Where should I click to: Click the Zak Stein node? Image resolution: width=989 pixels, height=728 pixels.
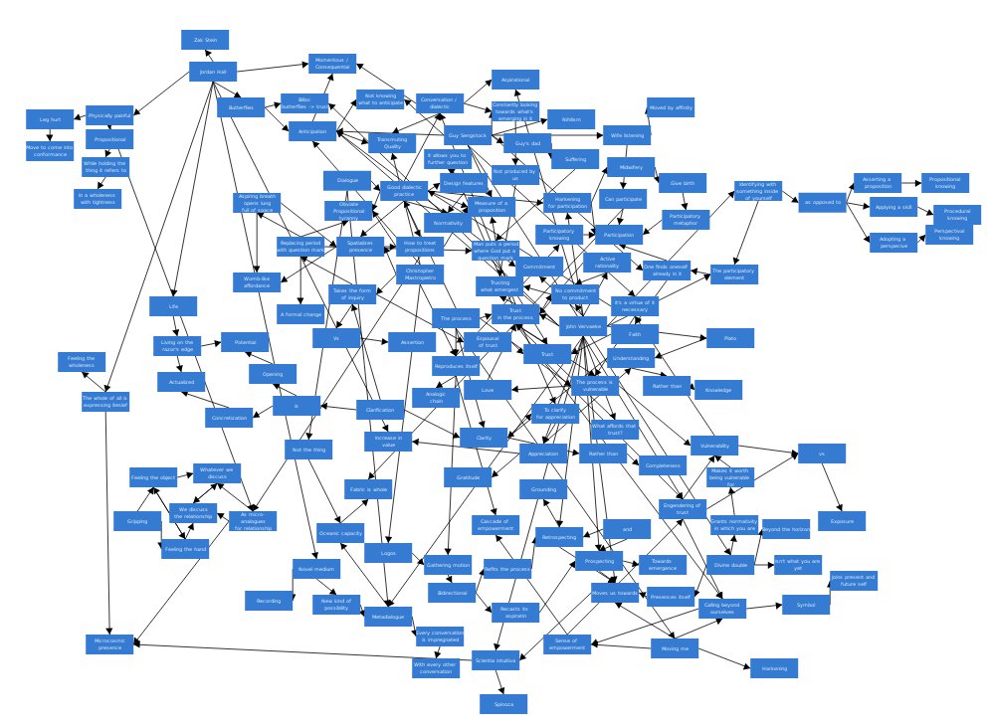[x=205, y=40]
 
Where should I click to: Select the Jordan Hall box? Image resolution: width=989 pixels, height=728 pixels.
[x=213, y=72]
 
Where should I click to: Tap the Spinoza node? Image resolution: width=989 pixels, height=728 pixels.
[x=502, y=704]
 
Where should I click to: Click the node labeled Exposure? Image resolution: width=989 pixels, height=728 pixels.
[x=842, y=520]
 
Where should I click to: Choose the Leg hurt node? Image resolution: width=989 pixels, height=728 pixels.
[x=50, y=119]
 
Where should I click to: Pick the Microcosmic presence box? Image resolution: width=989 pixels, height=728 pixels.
[x=109, y=643]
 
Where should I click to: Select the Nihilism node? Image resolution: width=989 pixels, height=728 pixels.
[x=571, y=118]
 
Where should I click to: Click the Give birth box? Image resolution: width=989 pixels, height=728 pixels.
[x=682, y=183]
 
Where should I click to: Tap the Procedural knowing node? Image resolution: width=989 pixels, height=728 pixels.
[x=956, y=214]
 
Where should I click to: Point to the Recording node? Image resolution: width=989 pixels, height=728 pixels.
[x=269, y=600]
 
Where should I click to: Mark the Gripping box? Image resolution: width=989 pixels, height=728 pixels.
[x=136, y=520]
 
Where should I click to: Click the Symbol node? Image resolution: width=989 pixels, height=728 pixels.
[x=805, y=604]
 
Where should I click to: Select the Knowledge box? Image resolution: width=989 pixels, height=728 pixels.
[x=717, y=390]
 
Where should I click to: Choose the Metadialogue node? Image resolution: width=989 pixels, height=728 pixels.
[x=388, y=617]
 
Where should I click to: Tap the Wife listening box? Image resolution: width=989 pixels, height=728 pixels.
[x=627, y=135]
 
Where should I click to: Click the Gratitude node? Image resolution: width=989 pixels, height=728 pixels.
[x=468, y=478]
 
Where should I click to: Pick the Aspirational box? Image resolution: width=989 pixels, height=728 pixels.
[x=515, y=80]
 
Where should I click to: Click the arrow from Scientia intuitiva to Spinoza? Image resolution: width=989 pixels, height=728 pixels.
[x=499, y=682]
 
